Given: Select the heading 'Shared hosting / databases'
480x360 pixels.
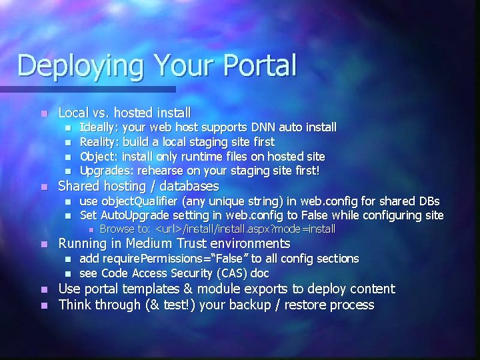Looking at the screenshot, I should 139,186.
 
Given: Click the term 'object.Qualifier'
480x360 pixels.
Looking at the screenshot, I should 142,201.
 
